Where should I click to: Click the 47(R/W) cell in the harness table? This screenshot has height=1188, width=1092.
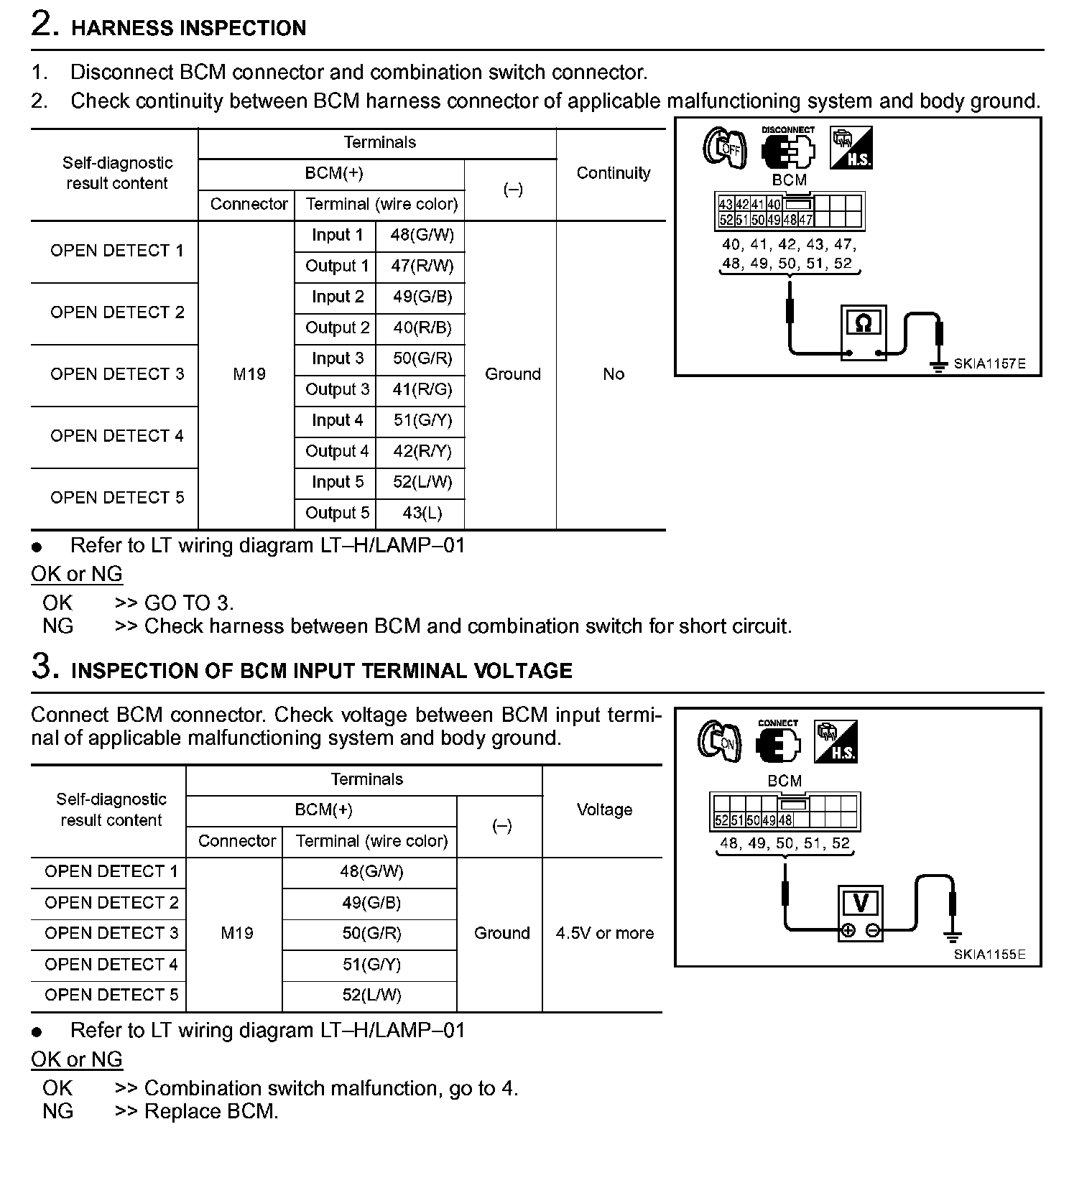[x=422, y=266]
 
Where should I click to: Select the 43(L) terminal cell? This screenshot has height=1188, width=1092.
[x=422, y=514]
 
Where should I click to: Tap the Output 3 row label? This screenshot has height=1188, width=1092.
[x=337, y=390]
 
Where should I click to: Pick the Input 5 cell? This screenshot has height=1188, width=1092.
[x=337, y=483]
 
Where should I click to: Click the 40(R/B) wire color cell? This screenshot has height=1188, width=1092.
[x=422, y=328]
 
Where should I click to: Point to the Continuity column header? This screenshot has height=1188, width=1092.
[x=613, y=173]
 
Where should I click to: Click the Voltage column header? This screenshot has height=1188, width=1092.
[x=604, y=810]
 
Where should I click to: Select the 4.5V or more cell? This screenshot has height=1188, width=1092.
[x=604, y=934]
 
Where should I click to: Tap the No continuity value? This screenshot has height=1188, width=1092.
[x=613, y=374]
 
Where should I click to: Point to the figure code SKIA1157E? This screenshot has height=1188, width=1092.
[x=989, y=364]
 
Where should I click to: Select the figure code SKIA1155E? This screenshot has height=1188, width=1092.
[x=989, y=955]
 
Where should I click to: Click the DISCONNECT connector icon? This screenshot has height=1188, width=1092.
[x=788, y=149]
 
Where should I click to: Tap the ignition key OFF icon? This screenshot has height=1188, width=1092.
[x=725, y=148]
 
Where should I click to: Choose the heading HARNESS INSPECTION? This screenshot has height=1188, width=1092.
[x=188, y=29]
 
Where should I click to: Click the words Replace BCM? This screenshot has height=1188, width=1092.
[x=211, y=1112]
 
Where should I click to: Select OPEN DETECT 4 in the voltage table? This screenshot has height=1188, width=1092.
[x=111, y=965]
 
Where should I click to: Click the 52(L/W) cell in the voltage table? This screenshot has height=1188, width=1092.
[x=371, y=996]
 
